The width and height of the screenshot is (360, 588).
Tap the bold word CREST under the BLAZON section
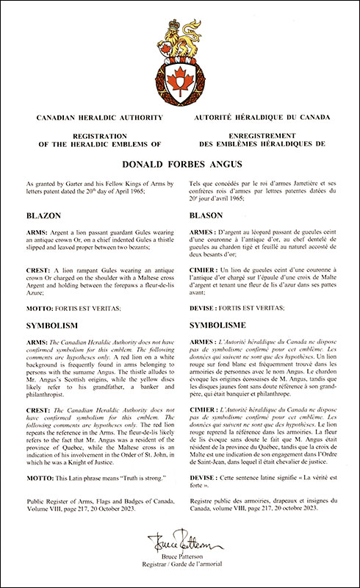point(36,270)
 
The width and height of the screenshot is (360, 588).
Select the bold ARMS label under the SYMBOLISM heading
point(35,343)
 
